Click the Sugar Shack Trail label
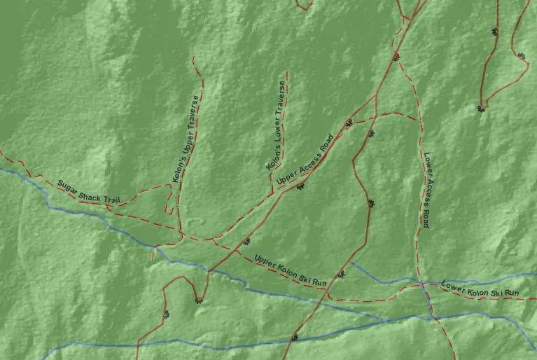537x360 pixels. (x=88, y=191)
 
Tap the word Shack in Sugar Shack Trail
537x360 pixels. (x=90, y=192)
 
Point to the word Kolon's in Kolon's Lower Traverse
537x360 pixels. (x=272, y=159)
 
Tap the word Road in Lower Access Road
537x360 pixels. (x=426, y=219)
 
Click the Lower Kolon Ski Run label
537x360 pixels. (x=480, y=289)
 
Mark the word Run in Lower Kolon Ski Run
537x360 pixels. (x=511, y=293)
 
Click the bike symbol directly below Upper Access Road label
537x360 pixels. (x=301, y=186)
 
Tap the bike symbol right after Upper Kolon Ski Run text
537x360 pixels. (x=341, y=275)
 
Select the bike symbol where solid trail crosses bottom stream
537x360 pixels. (x=295, y=338)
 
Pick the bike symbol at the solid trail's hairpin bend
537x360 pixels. (x=200, y=300)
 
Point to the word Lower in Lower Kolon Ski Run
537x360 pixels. (x=453, y=286)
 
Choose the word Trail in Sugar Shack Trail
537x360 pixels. (x=111, y=200)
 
